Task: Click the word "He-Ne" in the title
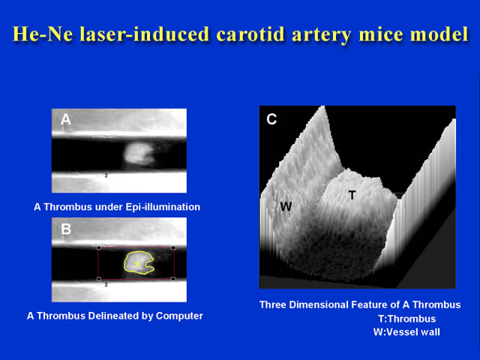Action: [43, 34]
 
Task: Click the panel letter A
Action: [65, 119]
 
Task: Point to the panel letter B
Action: [66, 229]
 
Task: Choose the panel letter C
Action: [271, 119]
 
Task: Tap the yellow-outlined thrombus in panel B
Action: [138, 262]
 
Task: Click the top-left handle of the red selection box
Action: [99, 247]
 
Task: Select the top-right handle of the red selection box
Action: [173, 247]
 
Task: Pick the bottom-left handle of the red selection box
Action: [99, 279]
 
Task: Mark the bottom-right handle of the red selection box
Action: [173, 279]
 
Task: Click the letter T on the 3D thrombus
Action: [352, 195]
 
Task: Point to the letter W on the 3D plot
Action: [286, 207]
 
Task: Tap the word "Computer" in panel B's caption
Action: [179, 316]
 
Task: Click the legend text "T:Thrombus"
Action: [407, 319]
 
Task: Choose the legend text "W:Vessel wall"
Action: [406, 332]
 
